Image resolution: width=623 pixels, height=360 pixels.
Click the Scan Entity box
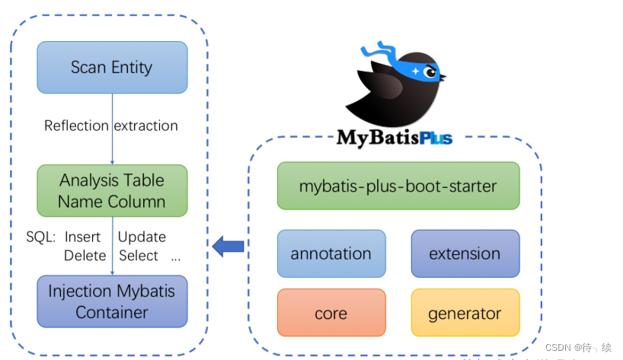click(x=112, y=67)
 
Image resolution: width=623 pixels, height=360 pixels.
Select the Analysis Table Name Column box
click(x=112, y=191)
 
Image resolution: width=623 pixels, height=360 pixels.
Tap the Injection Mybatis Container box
click(x=112, y=301)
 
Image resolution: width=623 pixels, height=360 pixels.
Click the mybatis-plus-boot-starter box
click(x=398, y=186)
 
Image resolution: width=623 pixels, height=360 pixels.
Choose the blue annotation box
click(x=331, y=253)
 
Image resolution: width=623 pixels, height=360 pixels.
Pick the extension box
click(x=465, y=253)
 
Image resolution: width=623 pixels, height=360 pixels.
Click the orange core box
click(x=331, y=313)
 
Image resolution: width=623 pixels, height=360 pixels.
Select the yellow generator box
click(x=465, y=313)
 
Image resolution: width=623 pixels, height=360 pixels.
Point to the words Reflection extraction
click(x=111, y=126)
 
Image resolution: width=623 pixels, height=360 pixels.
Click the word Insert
click(x=82, y=237)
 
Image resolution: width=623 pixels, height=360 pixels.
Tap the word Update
click(x=142, y=237)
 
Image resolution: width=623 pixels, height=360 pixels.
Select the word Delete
click(x=85, y=256)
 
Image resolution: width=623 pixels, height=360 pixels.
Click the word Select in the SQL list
click(x=138, y=256)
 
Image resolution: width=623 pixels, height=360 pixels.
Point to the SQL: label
click(x=40, y=237)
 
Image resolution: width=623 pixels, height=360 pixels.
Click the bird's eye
click(x=430, y=73)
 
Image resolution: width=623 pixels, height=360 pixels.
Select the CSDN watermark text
click(x=578, y=347)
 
